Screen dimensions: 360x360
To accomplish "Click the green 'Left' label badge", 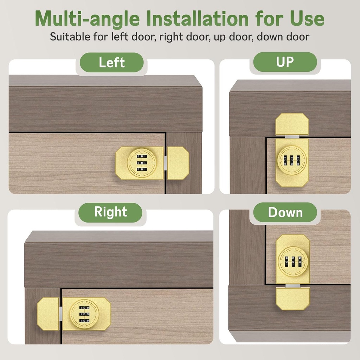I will [111, 63].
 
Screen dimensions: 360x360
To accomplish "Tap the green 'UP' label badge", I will [285, 62].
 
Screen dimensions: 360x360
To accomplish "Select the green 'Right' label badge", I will [110, 212].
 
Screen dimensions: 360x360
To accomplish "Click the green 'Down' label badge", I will [285, 212].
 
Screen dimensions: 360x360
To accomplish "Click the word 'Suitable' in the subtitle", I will [69, 36].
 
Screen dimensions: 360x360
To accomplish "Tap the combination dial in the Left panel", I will [142, 163].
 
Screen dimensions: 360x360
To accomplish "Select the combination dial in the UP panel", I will [292, 160].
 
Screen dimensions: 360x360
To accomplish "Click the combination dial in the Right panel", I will [84, 314].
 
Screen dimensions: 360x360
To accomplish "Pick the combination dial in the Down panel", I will [293, 262].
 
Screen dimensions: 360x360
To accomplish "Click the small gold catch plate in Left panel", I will [178, 163].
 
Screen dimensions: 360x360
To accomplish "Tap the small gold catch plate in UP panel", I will [292, 124].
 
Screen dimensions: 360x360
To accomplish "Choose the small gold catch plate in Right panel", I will [48, 314].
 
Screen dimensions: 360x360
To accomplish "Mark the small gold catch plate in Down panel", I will [292, 298].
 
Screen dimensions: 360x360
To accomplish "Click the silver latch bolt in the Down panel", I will [292, 286].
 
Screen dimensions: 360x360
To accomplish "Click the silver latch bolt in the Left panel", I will [165, 163].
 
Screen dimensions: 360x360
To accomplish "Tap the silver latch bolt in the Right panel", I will [61, 314].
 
